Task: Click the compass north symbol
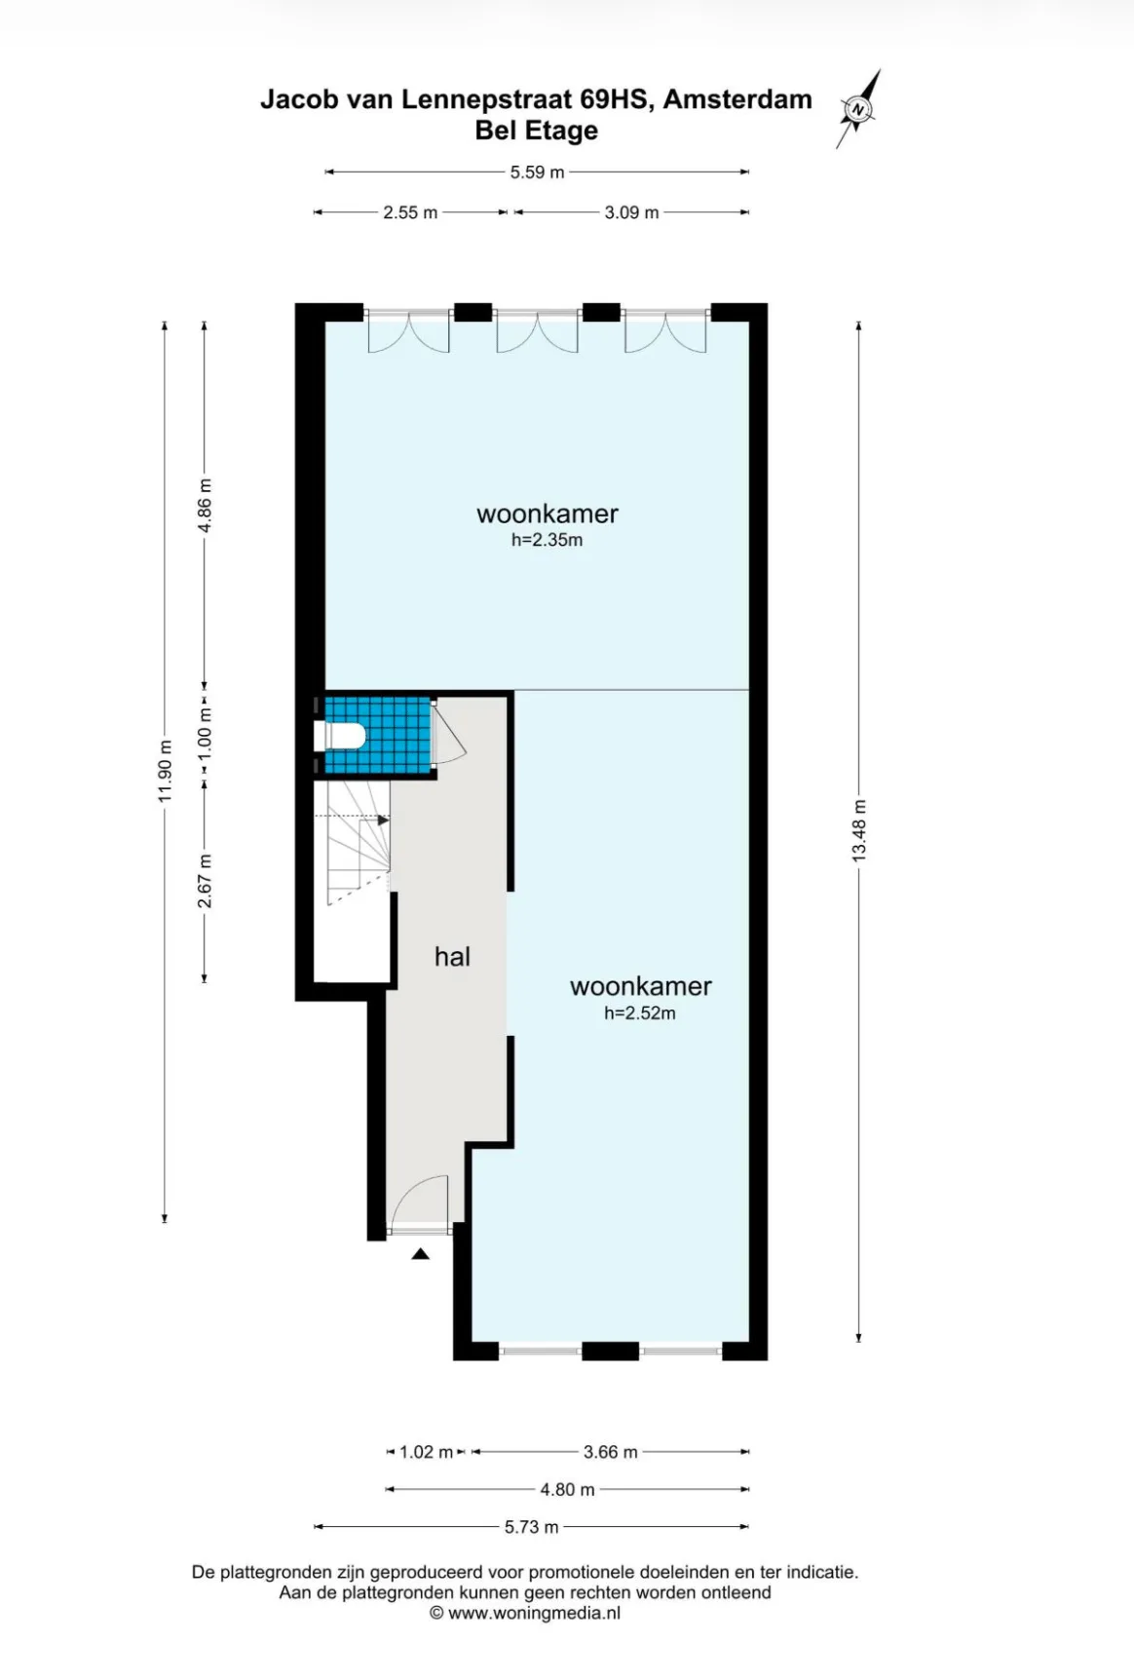(x=858, y=108)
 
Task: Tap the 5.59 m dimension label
(x=537, y=172)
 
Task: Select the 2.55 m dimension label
(x=410, y=212)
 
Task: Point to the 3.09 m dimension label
(x=631, y=212)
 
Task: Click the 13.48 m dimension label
(x=858, y=830)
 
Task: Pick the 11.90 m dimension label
(x=165, y=772)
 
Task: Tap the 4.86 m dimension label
(x=205, y=506)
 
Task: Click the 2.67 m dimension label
(x=205, y=881)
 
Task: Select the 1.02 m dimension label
(x=427, y=1452)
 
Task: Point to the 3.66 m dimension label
(x=611, y=1452)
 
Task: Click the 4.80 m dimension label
(x=567, y=1489)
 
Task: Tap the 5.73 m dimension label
(x=532, y=1527)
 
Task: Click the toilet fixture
(x=340, y=736)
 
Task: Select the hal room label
(x=452, y=957)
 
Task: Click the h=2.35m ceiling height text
(x=547, y=540)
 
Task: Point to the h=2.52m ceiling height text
(x=639, y=1013)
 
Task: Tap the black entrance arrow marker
(x=420, y=1254)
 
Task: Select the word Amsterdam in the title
(x=737, y=99)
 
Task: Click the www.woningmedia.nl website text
(x=534, y=1613)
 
